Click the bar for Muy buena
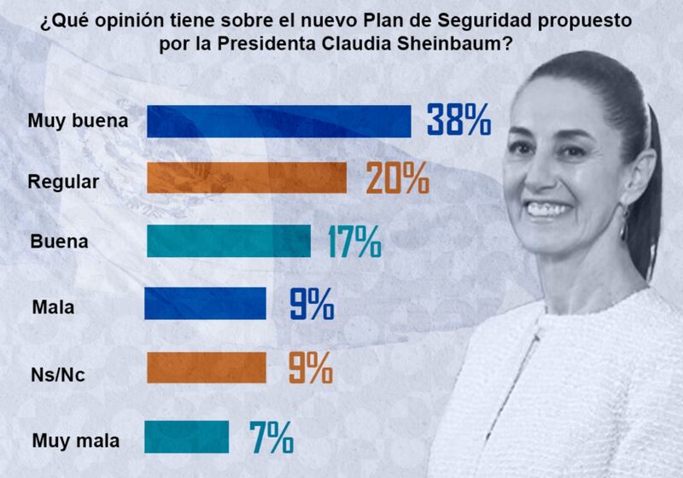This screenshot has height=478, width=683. coord(278,121)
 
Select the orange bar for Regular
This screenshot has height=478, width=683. coord(247,178)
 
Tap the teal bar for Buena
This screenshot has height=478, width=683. coord(229,242)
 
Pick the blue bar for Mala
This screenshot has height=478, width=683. coord(206,303)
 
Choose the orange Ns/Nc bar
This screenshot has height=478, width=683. coord(206,368)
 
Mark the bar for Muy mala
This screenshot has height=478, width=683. coord(188,435)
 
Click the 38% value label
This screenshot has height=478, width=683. coord(458,120)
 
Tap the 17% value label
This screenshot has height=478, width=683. coord(354,242)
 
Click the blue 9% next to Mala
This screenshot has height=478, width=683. coord(310,303)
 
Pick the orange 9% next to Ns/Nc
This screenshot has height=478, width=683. coord(310,368)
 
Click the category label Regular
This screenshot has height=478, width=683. coord(64,181)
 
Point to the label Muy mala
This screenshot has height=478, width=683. coord(75,441)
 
